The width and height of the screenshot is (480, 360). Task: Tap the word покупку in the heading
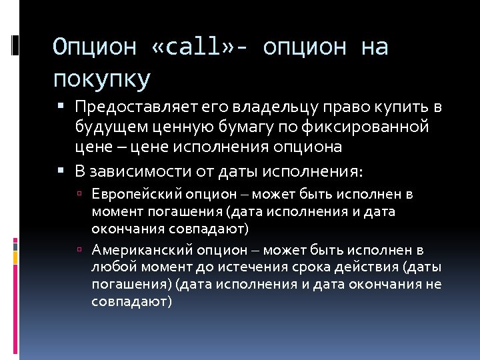[101, 79]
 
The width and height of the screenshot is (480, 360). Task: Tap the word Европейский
[130, 195]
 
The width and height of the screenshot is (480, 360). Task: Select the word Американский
[135, 251]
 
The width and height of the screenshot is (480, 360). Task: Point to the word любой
[109, 268]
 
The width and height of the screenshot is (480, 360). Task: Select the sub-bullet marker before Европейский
[79, 195]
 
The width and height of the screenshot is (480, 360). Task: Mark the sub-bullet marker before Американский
[79, 251]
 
